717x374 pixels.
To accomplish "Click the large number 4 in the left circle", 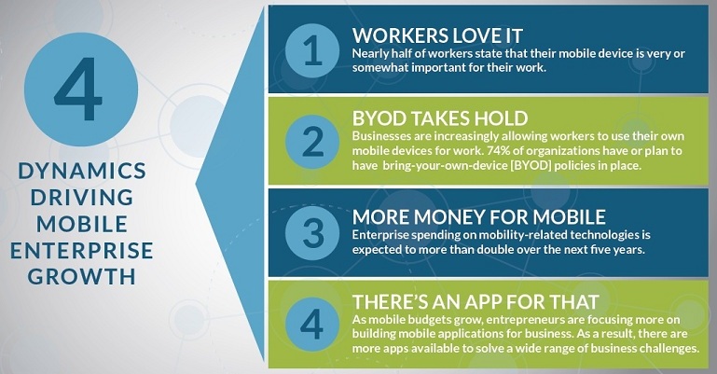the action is tap(78, 90).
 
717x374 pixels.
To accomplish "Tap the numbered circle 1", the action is tap(312, 50).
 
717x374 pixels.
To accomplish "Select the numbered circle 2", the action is tap(312, 142).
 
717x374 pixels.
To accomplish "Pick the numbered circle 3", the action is tap(312, 233).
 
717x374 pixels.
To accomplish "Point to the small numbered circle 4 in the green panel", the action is tap(312, 325).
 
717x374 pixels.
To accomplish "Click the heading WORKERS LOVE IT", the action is tap(437, 36).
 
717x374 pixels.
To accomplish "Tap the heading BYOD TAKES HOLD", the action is tap(440, 118).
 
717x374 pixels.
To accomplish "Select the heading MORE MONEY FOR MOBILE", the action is tap(479, 217).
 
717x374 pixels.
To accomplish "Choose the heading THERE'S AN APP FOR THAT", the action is tap(476, 302).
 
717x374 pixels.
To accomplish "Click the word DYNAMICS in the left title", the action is tap(82, 171).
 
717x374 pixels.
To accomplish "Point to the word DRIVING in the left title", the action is tap(82, 198).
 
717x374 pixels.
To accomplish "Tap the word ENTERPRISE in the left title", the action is tap(82, 251).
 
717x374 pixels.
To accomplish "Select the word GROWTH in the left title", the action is tap(82, 277).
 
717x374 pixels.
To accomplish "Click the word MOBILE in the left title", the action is tap(82, 224).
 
